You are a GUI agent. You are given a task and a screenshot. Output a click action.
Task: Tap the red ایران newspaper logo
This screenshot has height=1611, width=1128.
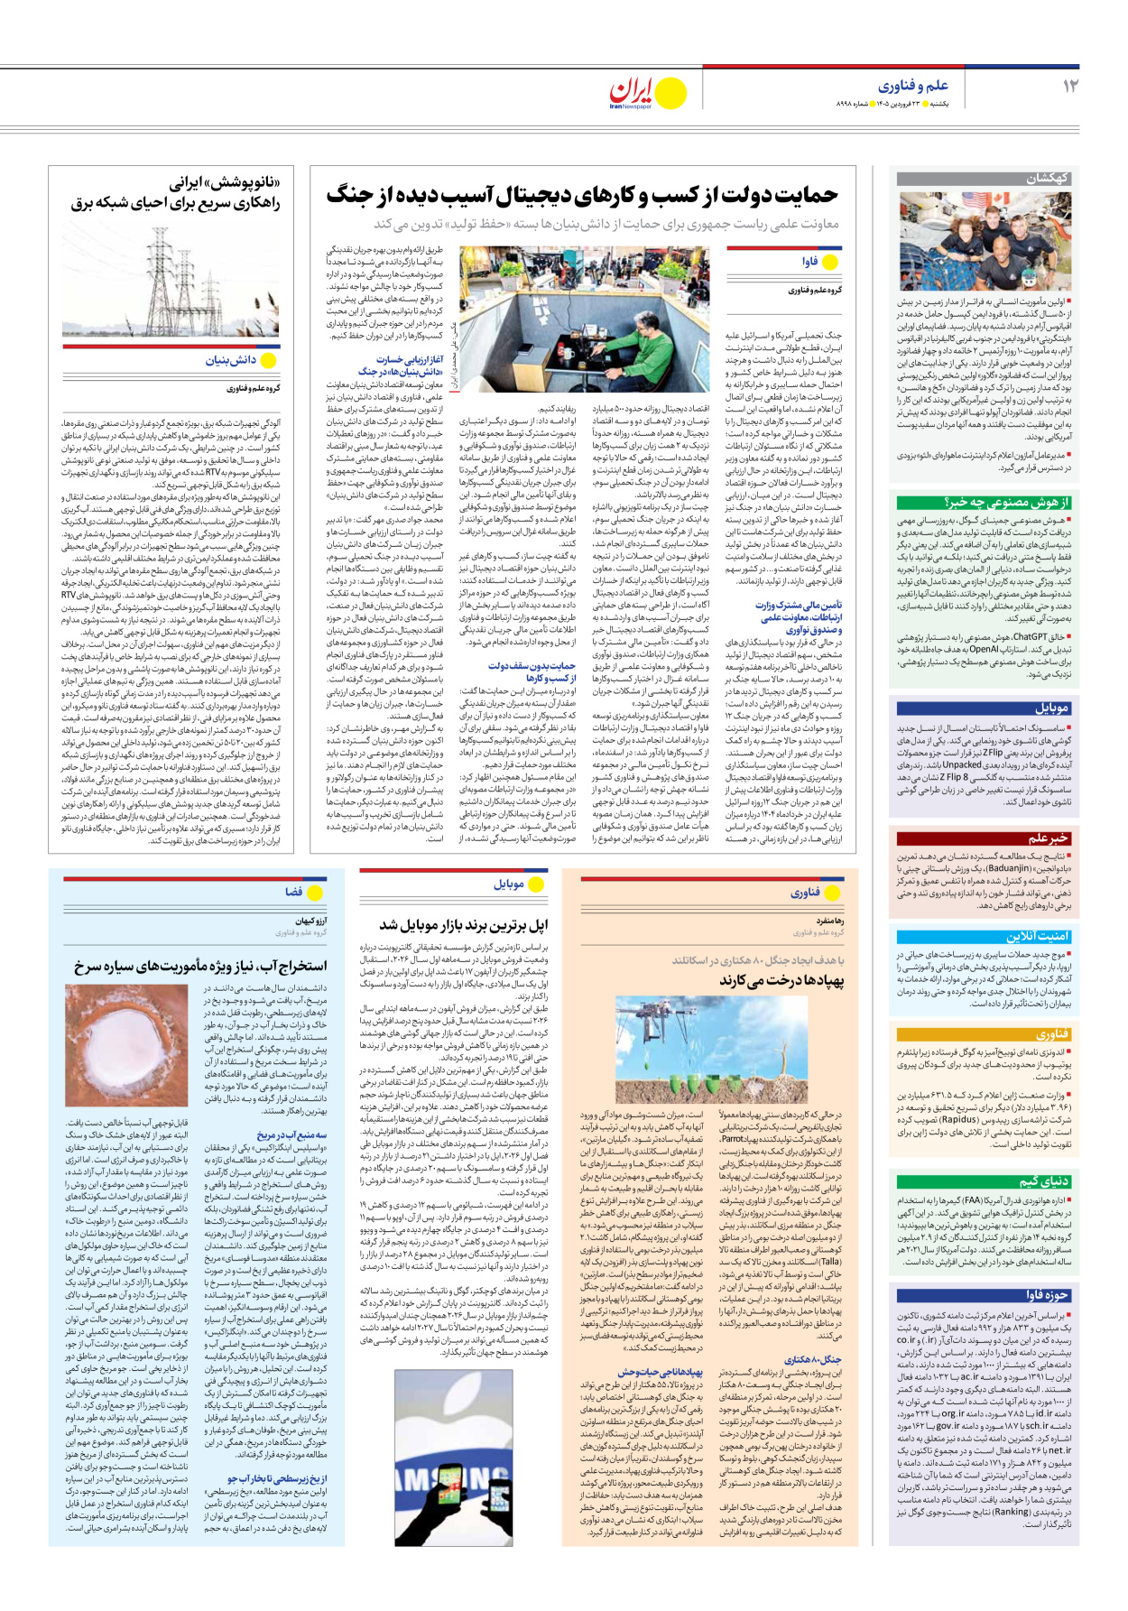[632, 91]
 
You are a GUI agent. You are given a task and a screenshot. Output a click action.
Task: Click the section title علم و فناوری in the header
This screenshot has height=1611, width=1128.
[913, 86]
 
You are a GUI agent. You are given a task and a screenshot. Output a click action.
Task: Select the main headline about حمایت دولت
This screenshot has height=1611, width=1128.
[582, 195]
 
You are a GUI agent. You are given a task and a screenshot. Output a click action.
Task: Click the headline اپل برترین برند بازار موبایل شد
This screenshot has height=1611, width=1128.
[464, 925]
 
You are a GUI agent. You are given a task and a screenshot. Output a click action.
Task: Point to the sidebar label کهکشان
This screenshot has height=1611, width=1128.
[1047, 178]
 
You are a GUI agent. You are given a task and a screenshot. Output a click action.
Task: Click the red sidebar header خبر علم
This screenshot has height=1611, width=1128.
[1047, 838]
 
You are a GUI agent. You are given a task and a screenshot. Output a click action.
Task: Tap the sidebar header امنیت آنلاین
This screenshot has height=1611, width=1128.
[1037, 936]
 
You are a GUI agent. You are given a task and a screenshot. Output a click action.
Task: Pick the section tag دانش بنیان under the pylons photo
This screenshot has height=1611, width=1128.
[231, 360]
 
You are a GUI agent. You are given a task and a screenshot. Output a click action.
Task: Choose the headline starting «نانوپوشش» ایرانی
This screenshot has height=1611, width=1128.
[175, 193]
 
